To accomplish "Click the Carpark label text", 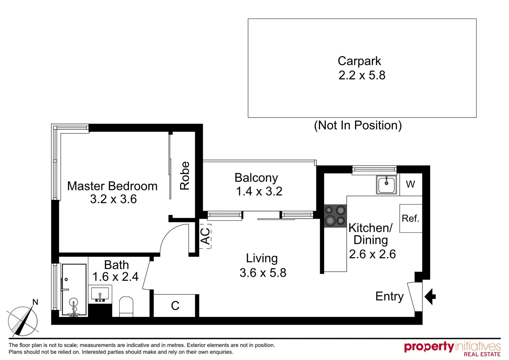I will [359, 61].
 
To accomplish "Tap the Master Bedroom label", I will [112, 186].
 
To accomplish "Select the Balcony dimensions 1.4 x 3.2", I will [259, 191].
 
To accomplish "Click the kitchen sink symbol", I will [386, 184].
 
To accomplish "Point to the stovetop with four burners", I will [335, 216].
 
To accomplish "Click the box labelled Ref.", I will [410, 218].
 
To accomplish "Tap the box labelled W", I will [410, 184].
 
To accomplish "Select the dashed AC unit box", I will [205, 236].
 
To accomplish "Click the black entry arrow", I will [430, 296].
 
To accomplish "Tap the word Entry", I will [389, 296].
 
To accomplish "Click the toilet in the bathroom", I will [126, 306].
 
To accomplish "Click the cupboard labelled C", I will [175, 306].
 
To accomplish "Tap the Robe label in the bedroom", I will [185, 176].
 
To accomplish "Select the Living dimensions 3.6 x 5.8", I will [262, 273].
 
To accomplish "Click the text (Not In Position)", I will [358, 125].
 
